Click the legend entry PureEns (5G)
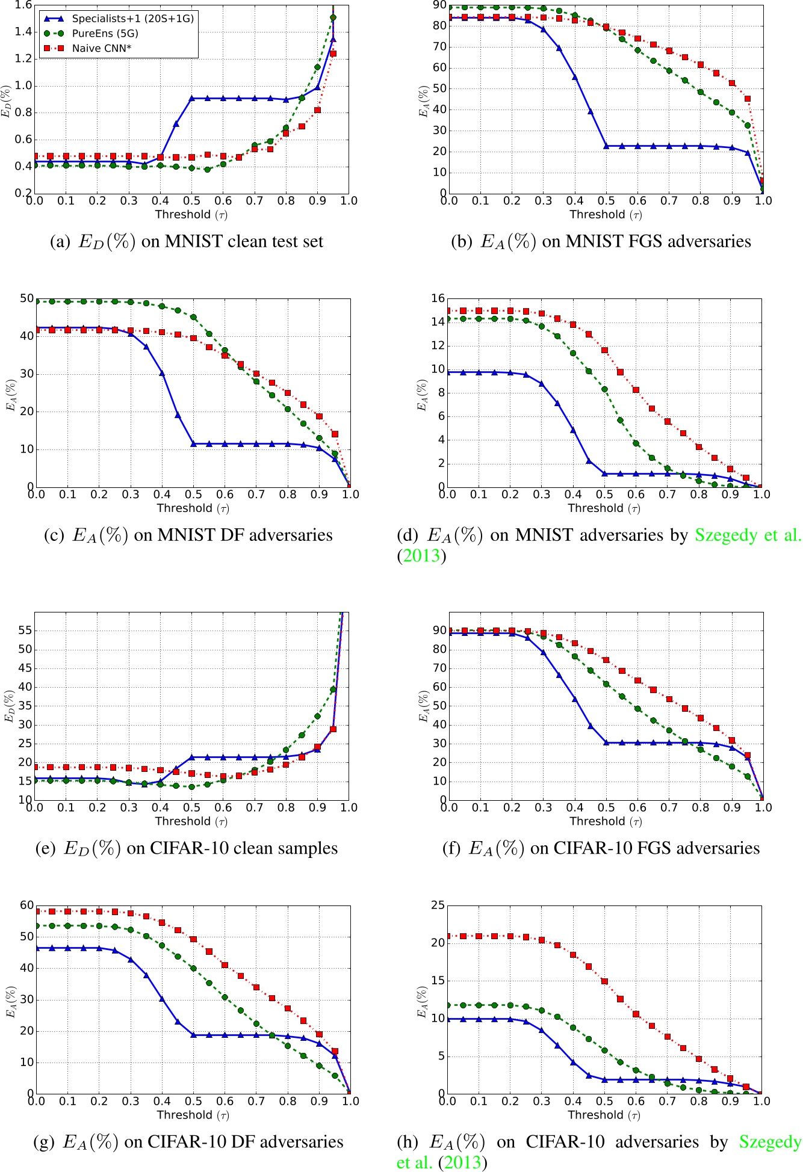click(x=105, y=34)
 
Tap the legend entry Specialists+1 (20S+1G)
click(x=132, y=19)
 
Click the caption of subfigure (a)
click(x=186, y=242)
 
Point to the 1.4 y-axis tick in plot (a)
click(x=23, y=32)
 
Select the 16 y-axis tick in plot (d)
click(x=437, y=298)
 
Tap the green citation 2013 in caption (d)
click(x=421, y=555)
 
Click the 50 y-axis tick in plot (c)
click(x=26, y=298)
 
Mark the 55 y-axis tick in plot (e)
click(x=25, y=631)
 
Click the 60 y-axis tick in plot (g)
click(x=26, y=905)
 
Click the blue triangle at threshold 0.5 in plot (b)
click(x=606, y=146)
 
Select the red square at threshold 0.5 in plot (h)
click(x=604, y=981)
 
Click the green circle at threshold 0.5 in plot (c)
click(x=193, y=317)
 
